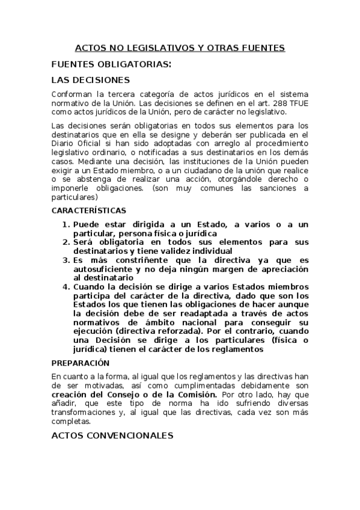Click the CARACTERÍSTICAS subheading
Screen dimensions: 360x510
(88, 211)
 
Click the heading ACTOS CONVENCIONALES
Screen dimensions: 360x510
(112, 435)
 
